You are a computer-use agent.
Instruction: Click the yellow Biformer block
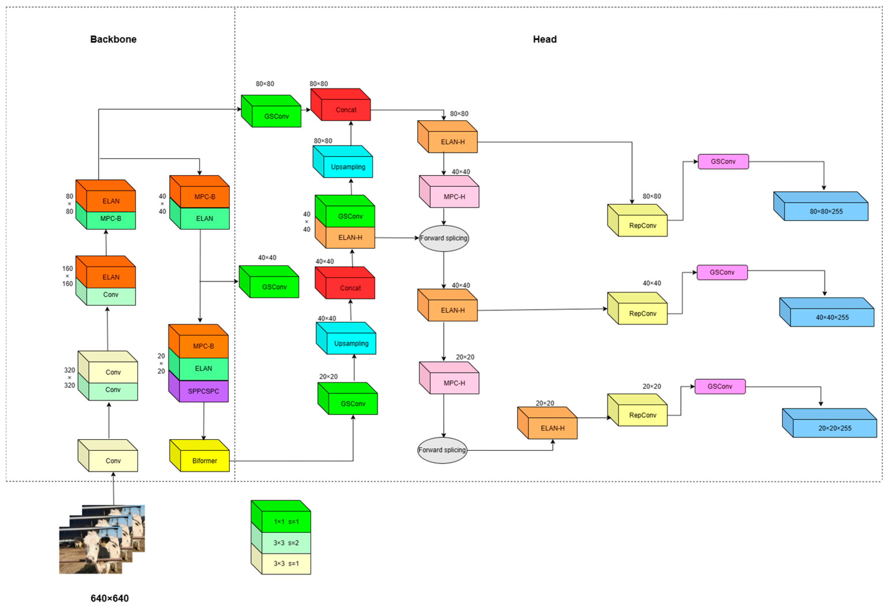pos(205,461)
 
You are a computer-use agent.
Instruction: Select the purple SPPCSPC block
pos(203,391)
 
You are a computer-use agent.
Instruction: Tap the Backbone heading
pos(113,39)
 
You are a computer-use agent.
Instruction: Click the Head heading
pos(544,39)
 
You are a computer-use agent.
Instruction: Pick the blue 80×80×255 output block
pos(826,211)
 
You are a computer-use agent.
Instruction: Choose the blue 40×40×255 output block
pos(832,317)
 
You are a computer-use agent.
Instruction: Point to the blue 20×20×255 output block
pos(835,428)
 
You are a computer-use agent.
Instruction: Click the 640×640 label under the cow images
pos(110,598)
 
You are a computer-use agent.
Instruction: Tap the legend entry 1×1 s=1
pos(286,521)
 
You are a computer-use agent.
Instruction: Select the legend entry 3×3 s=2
pos(286,543)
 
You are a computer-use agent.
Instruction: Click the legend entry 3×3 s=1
pos(286,563)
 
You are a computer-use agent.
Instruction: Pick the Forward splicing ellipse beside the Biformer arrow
pos(442,450)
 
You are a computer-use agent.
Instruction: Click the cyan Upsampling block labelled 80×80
pos(348,167)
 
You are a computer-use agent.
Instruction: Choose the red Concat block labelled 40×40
pos(350,288)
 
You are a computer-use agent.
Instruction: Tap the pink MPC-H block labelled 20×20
pos(454,383)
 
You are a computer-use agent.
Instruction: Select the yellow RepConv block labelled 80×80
pos(642,225)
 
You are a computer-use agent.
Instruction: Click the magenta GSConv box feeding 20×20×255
pos(720,386)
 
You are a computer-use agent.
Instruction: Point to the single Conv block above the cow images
pos(113,461)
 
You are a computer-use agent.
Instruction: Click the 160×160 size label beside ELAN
pos(68,276)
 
